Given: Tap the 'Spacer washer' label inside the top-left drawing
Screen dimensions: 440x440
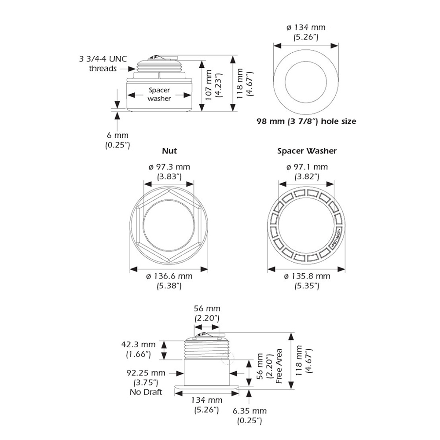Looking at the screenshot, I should [159, 94].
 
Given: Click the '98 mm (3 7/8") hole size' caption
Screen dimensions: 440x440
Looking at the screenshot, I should [306, 121].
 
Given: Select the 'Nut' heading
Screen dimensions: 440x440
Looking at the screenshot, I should [169, 151].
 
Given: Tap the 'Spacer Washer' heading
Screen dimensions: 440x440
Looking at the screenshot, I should [307, 151].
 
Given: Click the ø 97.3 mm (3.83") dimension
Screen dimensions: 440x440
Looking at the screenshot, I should [169, 172].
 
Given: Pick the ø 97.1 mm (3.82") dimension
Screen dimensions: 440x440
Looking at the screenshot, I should [307, 172].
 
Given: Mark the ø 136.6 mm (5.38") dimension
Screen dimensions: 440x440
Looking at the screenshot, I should [169, 281].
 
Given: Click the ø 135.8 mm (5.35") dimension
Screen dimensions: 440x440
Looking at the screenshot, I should [307, 281].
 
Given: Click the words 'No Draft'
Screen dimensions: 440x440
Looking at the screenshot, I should [146, 392].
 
